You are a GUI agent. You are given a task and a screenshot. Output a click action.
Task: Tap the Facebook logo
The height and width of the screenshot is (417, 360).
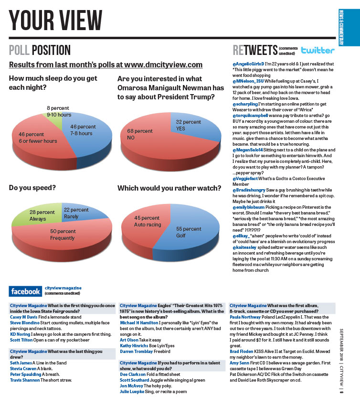pos(26,291)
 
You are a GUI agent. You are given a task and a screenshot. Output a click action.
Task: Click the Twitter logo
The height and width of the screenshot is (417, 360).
pos(318,50)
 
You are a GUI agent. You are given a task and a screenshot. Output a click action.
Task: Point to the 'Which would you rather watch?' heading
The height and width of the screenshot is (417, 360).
pos(169,188)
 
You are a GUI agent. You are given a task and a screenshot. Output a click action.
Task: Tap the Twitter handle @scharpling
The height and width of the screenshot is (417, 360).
pos(245,104)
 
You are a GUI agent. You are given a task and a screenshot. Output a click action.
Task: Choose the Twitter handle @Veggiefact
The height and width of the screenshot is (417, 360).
pos(245,178)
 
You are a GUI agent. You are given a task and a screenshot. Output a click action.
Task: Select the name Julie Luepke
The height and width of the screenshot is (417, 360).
pos(132,392)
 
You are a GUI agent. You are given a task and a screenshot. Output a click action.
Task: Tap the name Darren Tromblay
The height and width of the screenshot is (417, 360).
pos(137,351)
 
